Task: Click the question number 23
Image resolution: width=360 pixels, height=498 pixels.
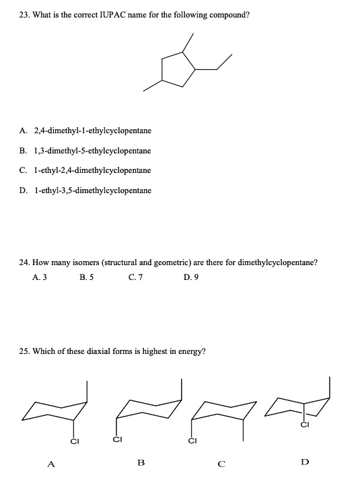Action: (24, 14)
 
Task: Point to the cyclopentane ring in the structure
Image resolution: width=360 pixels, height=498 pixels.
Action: (177, 67)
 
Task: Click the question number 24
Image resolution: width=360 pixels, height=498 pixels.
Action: (24, 263)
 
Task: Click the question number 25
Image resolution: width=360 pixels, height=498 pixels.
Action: (24, 351)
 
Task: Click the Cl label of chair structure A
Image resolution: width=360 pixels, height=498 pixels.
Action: (75, 442)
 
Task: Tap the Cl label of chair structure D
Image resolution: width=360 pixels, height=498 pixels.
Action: (304, 425)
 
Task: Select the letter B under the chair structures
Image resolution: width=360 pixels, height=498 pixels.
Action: (141, 462)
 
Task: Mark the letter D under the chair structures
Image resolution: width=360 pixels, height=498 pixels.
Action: (305, 462)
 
